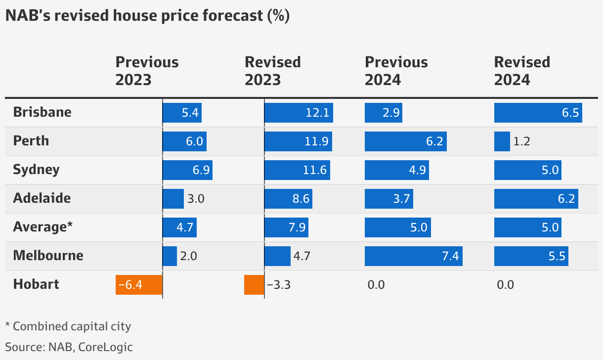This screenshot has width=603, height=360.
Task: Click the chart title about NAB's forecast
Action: [x=147, y=16]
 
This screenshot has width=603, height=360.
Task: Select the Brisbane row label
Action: [x=42, y=112]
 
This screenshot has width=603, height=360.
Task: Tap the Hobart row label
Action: [x=36, y=284]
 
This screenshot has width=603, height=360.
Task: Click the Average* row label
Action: [x=43, y=227]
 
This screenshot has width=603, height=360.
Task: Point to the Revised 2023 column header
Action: [x=273, y=71]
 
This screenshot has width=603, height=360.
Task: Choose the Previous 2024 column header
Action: [x=396, y=71]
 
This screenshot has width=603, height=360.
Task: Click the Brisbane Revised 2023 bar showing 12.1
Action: [x=299, y=113]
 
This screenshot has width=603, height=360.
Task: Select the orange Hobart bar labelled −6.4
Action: [x=139, y=285]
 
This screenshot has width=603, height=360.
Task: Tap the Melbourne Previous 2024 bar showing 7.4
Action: [x=413, y=256]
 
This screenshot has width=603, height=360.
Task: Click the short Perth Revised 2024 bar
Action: [x=502, y=141]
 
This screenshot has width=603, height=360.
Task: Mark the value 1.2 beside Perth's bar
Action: [x=521, y=141]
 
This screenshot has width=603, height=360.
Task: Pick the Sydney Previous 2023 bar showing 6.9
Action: [x=187, y=170]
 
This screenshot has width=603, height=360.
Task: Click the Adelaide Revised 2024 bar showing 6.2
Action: [x=536, y=199]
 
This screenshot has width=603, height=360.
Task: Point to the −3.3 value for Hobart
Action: [x=278, y=285]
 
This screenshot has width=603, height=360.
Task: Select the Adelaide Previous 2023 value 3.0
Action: [x=196, y=199]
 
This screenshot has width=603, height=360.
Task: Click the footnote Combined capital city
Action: [x=68, y=326]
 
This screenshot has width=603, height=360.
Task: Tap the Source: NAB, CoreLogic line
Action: [x=69, y=347]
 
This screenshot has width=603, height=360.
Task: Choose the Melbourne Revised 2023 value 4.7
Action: [x=301, y=256]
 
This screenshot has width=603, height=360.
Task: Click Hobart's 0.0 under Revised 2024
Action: [x=506, y=285]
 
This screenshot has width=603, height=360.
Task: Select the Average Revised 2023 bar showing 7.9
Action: [x=286, y=227]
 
